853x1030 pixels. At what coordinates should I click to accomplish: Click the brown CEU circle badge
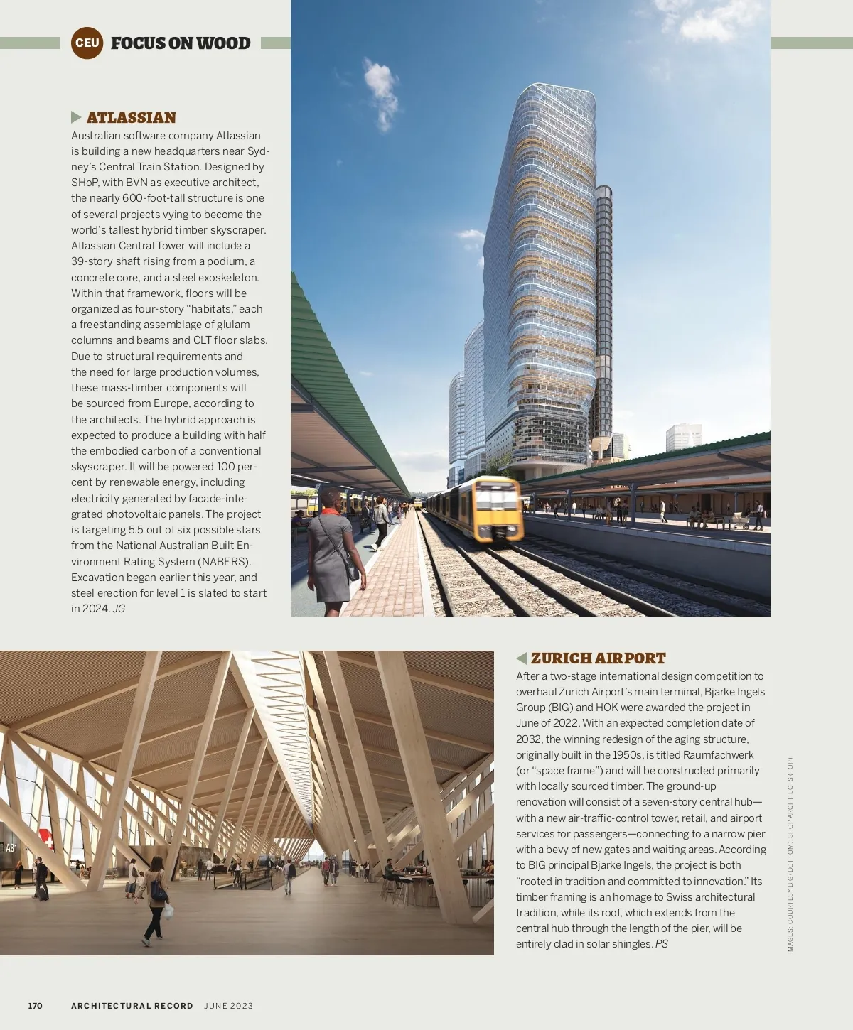pos(87,43)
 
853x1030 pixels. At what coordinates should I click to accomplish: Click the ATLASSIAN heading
pos(131,118)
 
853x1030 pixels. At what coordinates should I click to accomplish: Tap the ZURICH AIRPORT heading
pos(598,658)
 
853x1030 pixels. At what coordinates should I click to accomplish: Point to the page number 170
pos(35,1006)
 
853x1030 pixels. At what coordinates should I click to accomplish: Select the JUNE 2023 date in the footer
pos(228,1006)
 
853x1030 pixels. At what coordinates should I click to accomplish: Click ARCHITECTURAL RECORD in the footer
pos(132,1006)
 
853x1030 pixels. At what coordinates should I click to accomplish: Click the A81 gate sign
pos(11,848)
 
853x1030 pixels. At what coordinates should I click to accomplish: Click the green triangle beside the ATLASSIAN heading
pos(76,117)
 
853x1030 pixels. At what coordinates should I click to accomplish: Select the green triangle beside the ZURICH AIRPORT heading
pos(521,658)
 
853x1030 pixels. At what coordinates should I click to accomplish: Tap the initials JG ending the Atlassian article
pos(119,609)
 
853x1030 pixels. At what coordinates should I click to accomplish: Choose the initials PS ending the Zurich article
pos(661,944)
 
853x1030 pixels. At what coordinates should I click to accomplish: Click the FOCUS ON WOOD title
pos(181,43)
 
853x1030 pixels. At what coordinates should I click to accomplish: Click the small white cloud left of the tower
pos(382,92)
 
